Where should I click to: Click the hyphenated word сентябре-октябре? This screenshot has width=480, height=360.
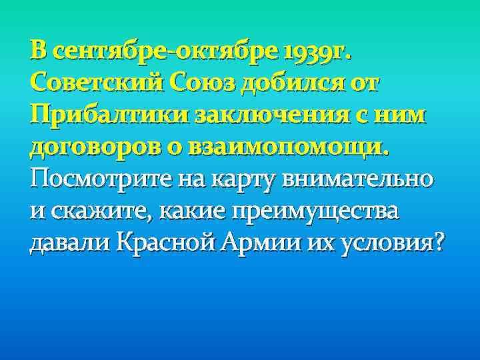click(163, 51)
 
